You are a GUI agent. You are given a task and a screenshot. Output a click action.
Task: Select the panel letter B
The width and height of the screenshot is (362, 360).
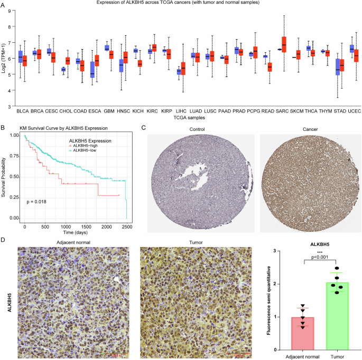click(3, 127)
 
